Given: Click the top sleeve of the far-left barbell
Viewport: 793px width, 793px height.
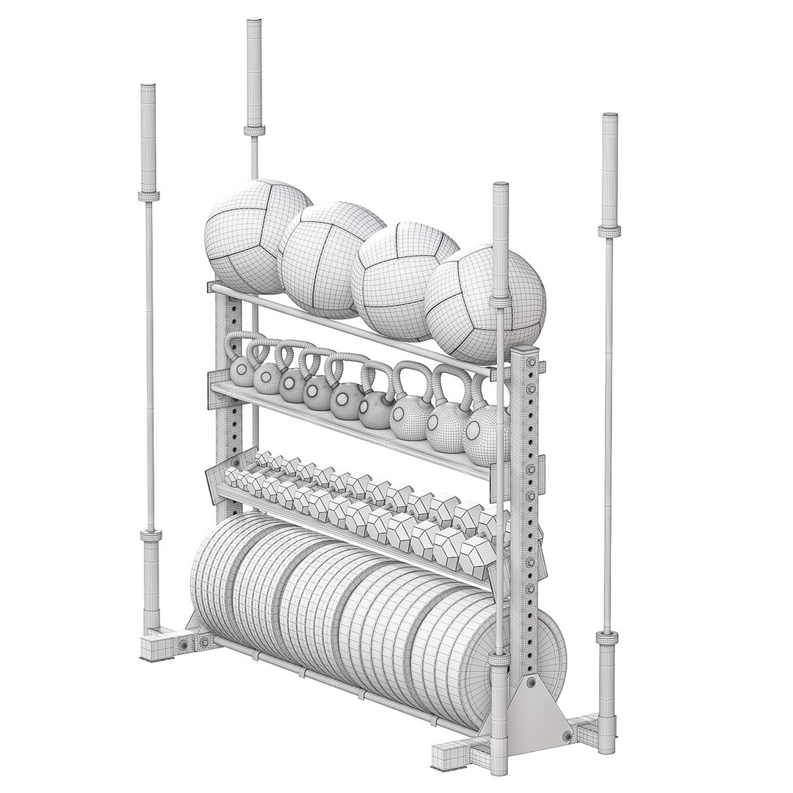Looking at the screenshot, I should coord(147,140).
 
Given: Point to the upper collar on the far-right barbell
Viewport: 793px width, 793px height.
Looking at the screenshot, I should coord(607,231).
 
